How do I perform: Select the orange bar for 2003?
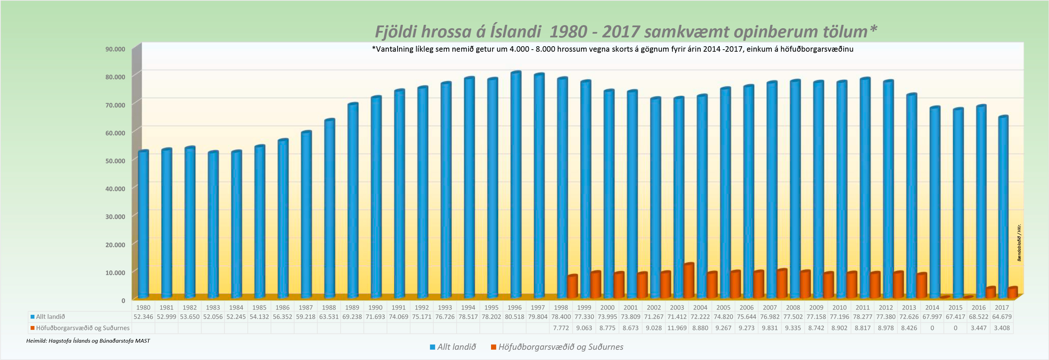688,281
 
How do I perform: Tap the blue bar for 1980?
143,224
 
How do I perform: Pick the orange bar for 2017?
1012,292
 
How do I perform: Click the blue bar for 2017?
1003,208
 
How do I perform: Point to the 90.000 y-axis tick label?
115,49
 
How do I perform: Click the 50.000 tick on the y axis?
115,161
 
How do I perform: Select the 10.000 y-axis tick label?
115,272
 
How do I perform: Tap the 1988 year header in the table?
329,307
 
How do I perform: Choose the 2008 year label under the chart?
793,307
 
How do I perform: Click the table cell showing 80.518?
514,317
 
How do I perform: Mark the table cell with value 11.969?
677,328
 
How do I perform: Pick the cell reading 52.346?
143,317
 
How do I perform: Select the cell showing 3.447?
979,328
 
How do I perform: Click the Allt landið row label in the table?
50,317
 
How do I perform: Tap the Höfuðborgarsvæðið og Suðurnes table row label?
82,328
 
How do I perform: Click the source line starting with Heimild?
88,341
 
